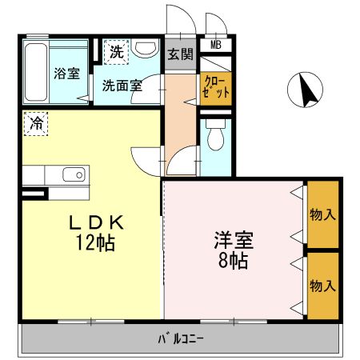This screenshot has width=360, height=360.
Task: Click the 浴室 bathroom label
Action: (66, 74)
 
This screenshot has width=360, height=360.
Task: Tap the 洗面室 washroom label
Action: (122, 85)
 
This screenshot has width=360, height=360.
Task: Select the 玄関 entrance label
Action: (180, 54)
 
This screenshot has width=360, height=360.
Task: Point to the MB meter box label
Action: (216, 45)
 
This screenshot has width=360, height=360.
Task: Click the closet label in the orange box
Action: (216, 86)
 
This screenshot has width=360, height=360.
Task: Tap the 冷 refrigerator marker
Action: (36, 123)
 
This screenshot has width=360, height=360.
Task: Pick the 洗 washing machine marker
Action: (117, 53)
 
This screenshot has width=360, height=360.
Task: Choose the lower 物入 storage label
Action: (322, 286)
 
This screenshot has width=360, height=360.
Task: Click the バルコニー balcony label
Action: (180, 338)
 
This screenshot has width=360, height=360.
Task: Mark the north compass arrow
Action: (306, 90)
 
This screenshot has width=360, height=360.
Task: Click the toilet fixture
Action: (214, 141)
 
